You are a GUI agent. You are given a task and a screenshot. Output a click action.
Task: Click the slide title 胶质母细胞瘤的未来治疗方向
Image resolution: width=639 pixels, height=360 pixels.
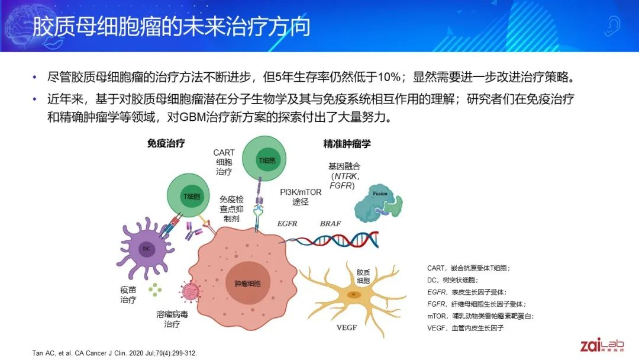[x=171, y=27]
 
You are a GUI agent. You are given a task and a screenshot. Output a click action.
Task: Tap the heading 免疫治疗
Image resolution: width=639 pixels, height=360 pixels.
[x=166, y=143]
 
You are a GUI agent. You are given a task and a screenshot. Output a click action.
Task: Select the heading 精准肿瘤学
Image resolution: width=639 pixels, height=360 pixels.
[x=347, y=143]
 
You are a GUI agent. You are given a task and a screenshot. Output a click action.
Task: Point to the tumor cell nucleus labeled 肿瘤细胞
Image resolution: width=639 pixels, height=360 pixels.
[x=247, y=283]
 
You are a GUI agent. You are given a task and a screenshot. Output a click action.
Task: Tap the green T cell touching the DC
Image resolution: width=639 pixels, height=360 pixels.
[x=189, y=195]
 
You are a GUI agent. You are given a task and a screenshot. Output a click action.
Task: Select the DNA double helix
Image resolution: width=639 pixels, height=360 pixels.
[x=330, y=239]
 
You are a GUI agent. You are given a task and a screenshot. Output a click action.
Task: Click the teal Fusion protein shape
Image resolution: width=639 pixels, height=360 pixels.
[x=377, y=203]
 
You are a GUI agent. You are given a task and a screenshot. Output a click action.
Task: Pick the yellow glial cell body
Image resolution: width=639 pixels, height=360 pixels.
[x=353, y=294]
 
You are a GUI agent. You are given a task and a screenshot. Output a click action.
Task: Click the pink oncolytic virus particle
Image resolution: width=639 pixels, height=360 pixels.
[x=190, y=292]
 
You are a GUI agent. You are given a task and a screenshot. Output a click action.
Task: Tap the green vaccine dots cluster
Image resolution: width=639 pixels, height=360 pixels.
[x=155, y=290]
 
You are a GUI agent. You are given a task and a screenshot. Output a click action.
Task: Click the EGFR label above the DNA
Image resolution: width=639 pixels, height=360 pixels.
[x=287, y=223]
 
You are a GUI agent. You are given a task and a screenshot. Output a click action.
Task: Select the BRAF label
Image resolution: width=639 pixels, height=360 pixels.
[x=330, y=223]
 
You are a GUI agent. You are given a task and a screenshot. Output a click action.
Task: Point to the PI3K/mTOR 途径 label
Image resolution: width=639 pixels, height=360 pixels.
[x=301, y=197]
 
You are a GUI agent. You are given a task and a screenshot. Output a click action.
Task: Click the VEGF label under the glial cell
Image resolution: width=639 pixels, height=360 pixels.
[x=347, y=327]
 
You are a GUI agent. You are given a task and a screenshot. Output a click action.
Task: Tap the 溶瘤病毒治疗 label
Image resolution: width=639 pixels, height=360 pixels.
[x=172, y=319]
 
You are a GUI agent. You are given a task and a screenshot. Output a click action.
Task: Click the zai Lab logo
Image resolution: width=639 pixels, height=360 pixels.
[x=602, y=345]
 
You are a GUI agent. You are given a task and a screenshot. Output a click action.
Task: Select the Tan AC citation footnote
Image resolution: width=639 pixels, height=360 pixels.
[x=114, y=353]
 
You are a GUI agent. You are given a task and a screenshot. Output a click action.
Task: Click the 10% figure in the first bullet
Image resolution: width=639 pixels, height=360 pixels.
[x=389, y=76]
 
